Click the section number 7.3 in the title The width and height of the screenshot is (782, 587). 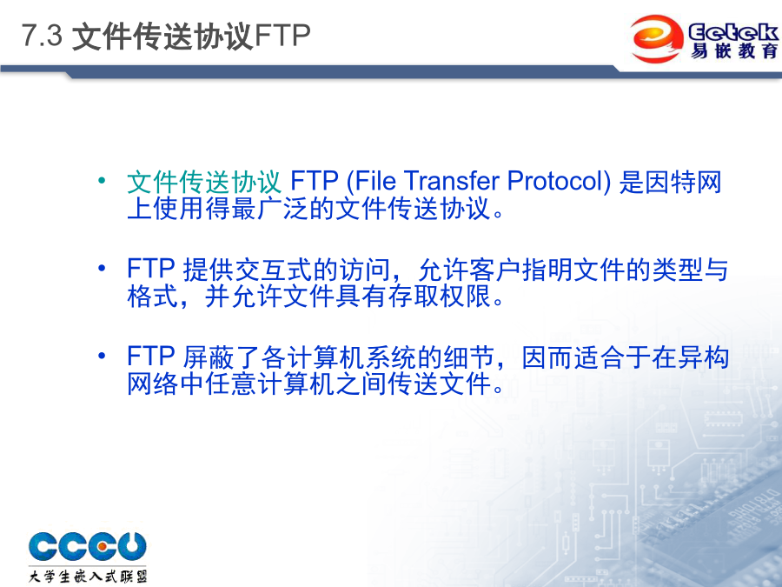42,36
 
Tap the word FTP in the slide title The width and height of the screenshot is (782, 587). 282,36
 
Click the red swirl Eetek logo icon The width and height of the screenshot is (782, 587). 656,38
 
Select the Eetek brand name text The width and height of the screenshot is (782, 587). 733,32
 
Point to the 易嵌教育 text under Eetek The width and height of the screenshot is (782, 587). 734,51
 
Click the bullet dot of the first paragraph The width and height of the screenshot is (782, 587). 102,180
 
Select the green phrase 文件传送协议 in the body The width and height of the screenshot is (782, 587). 204,181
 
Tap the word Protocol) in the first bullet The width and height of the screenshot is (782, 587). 559,181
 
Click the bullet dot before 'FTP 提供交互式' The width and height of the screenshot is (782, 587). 102,269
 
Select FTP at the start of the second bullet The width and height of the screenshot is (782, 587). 150,269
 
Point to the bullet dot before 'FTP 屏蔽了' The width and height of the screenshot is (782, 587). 102,357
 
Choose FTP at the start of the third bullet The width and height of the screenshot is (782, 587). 150,357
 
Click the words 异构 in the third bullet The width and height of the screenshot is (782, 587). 704,357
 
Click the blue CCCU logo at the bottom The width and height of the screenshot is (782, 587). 87,546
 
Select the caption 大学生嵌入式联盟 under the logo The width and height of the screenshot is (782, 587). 88,576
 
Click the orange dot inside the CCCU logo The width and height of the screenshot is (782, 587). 101,547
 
